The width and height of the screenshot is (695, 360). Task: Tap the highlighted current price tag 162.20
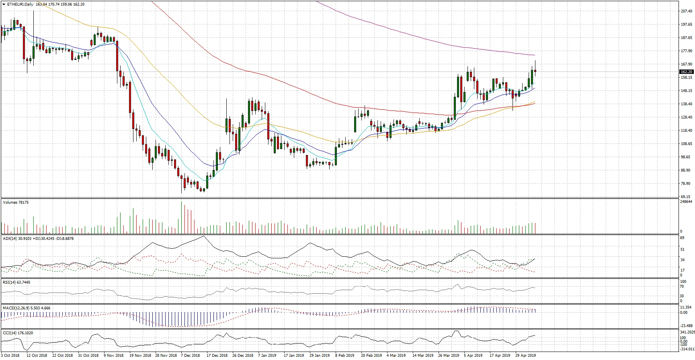point(686,72)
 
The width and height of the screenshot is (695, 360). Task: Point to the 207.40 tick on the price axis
point(687,11)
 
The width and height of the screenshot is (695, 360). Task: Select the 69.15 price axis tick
point(687,197)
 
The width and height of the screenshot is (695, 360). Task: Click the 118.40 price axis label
point(687,131)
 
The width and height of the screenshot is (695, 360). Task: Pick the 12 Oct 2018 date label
point(37,356)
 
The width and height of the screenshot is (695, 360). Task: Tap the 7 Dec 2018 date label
point(191,356)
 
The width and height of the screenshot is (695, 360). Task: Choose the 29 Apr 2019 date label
point(525,356)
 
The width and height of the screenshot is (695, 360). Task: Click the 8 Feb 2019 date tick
point(345,356)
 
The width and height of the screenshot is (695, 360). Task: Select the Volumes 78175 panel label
point(16,202)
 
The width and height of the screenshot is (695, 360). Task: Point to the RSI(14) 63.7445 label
point(16,282)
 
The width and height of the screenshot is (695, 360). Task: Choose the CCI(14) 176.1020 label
point(18,333)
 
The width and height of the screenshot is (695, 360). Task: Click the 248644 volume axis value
point(687,202)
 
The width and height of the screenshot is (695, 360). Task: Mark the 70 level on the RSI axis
point(682,286)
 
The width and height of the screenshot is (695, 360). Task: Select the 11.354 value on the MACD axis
point(686,307)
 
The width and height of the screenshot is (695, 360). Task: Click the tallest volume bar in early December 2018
point(182,217)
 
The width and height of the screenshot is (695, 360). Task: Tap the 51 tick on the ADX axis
point(682,250)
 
